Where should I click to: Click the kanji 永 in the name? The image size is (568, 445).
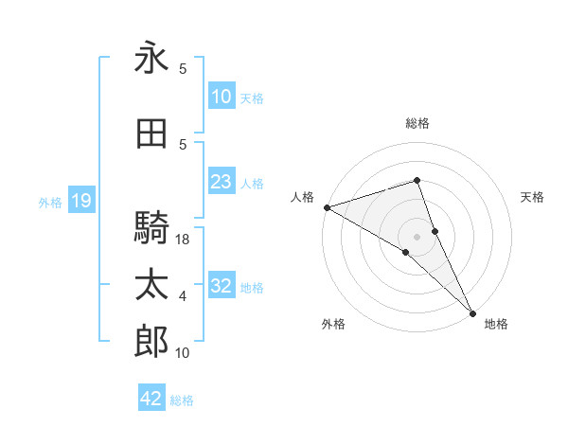(151, 59)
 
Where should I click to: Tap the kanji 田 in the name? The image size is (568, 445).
(151, 134)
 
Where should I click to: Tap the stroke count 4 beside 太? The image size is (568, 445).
(183, 296)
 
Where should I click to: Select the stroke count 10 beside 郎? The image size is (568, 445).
(183, 353)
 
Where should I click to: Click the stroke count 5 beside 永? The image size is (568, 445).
(183, 69)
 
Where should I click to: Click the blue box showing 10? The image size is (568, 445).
(221, 97)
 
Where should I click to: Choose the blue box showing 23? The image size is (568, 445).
(221, 182)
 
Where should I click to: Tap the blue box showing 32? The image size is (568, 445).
(221, 286)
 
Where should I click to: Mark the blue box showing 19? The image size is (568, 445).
(80, 201)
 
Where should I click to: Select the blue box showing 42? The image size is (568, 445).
(151, 399)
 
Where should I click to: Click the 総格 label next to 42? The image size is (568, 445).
(182, 400)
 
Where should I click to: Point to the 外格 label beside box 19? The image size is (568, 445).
(50, 202)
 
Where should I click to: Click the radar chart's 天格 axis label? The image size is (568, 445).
(533, 197)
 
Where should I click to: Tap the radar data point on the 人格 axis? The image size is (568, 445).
(327, 207)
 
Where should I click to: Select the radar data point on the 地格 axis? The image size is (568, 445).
(471, 311)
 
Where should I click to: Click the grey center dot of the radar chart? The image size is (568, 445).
(417, 236)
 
